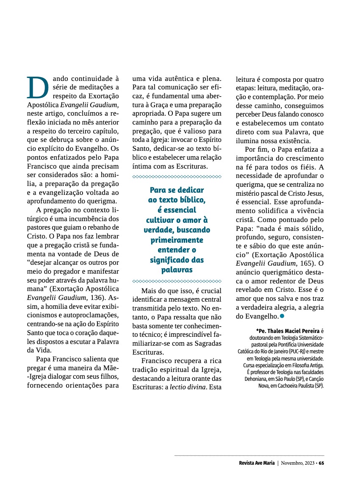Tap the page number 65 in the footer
pos(321,463)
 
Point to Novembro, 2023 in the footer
pos(297,463)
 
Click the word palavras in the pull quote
pos(177,270)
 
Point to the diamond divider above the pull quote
pos(177,176)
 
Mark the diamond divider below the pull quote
pos(177,280)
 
